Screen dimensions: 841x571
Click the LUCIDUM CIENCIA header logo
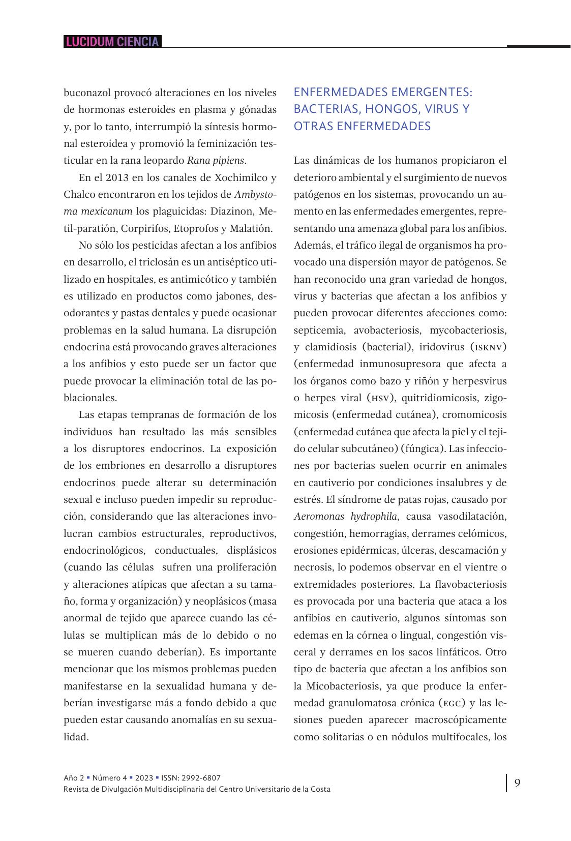112,42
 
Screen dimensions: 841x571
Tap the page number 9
517,783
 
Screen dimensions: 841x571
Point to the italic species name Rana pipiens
216,161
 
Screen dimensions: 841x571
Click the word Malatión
251,228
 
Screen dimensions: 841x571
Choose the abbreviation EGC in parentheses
452,703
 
